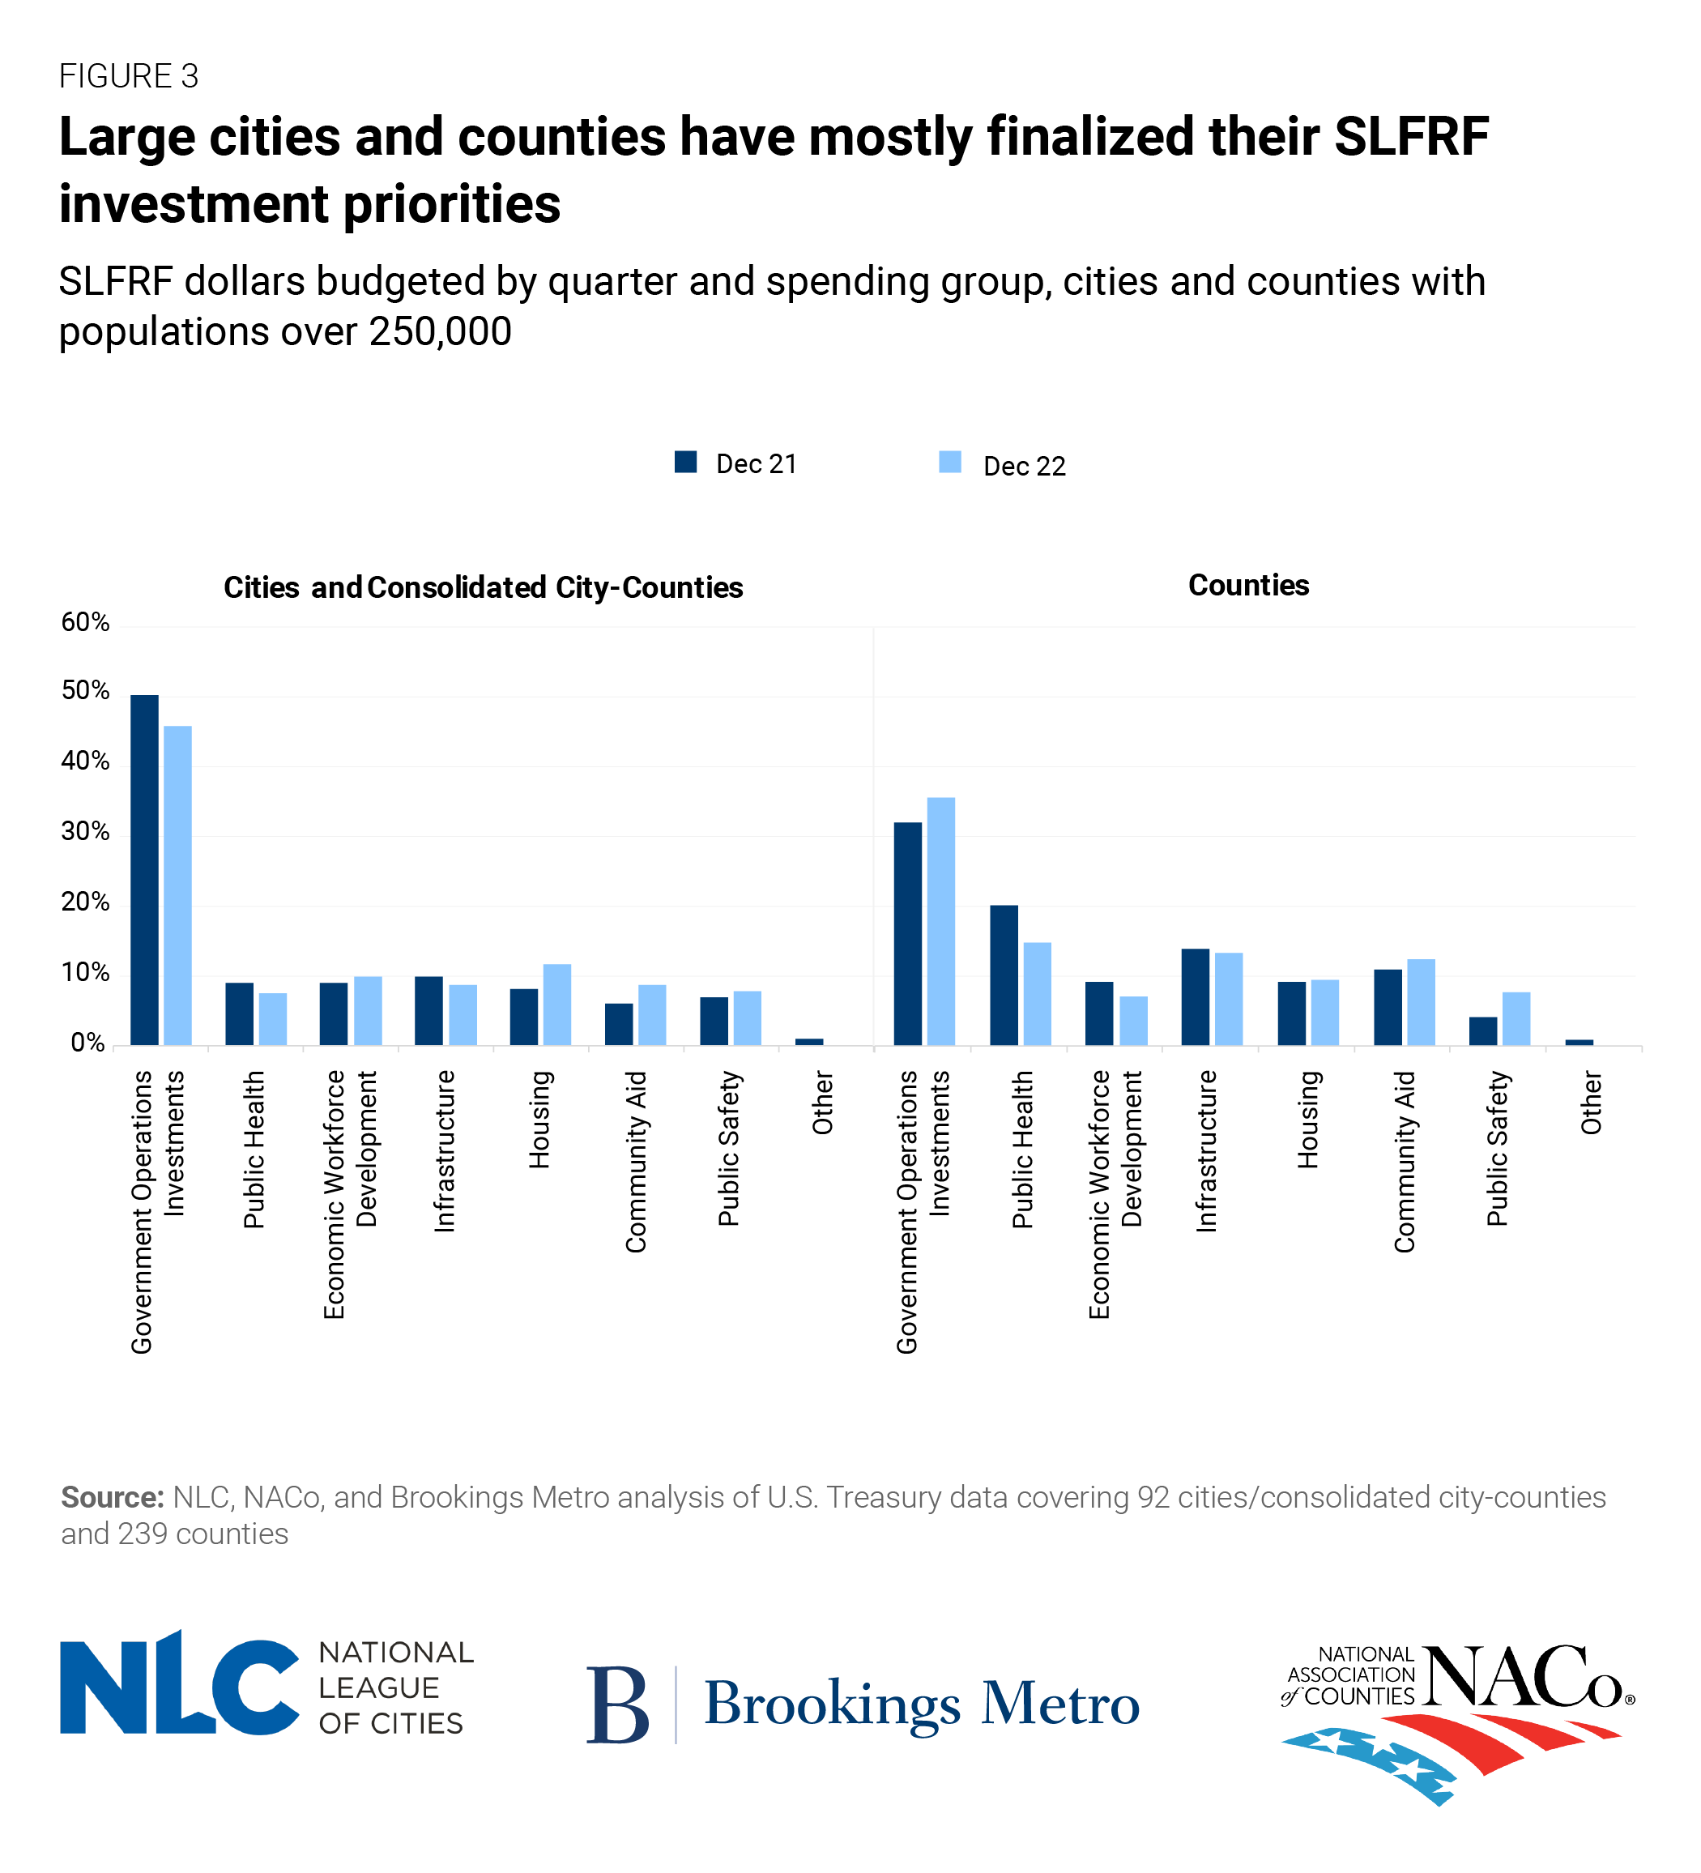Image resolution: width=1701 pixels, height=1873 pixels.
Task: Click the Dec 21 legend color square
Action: coord(685,462)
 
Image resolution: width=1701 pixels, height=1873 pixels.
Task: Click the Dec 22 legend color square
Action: coord(949,462)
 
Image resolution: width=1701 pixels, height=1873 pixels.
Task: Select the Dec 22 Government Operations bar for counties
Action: coord(940,921)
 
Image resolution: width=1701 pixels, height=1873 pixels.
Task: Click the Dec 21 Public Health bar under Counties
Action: coord(1004,975)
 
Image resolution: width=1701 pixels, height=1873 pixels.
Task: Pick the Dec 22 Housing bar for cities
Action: coord(556,1005)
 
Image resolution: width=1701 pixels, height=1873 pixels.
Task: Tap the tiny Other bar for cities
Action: coord(808,1042)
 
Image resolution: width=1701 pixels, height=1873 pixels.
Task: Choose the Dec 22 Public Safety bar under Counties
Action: coord(1516,1018)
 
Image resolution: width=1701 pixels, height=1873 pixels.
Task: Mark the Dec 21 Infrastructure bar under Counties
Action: coord(1195,997)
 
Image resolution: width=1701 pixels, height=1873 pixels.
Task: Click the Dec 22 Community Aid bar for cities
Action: coord(651,1014)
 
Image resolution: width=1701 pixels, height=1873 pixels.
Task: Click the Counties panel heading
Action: coord(1247,585)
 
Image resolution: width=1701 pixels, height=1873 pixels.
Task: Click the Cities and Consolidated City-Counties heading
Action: coord(483,587)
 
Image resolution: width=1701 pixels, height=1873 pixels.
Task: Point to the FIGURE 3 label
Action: coord(128,76)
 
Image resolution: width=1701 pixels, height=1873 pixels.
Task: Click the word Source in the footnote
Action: coord(113,1497)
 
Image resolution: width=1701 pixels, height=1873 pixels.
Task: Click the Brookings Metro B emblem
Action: coord(617,1704)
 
